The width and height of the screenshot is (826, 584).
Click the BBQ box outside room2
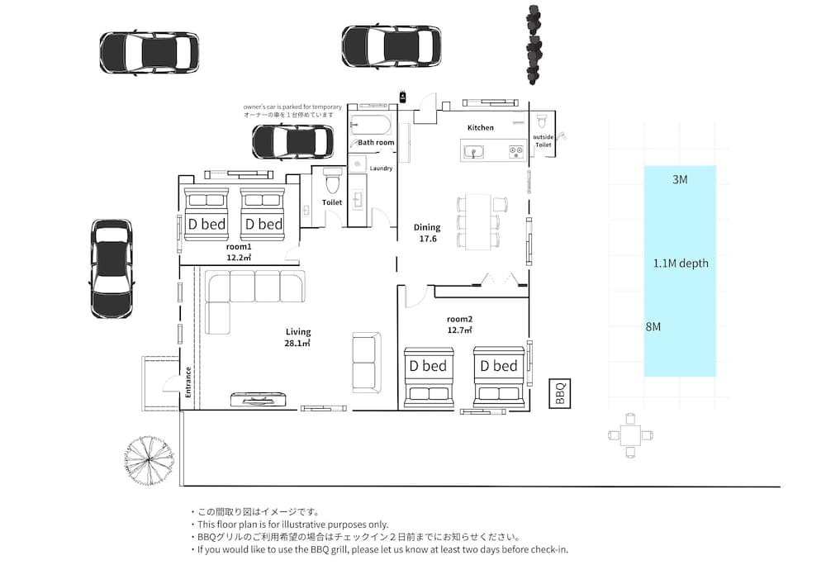tap(560, 393)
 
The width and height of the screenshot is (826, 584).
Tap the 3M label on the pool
tap(679, 180)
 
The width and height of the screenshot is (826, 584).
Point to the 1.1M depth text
tap(681, 264)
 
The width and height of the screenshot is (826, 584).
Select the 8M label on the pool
tap(653, 327)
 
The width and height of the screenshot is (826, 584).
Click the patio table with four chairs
tap(630, 434)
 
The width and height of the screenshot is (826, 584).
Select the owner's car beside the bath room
tap(292, 141)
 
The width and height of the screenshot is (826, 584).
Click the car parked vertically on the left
tap(112, 268)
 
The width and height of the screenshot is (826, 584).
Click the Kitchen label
tap(480, 128)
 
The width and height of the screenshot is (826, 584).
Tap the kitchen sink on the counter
tap(474, 151)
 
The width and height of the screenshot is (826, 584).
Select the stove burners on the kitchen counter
tap(515, 151)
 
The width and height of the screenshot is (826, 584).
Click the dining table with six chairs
tap(478, 221)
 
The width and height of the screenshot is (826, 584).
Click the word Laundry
tap(381, 169)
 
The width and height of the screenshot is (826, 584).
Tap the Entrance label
tap(188, 383)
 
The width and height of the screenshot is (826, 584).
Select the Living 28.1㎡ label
tap(297, 337)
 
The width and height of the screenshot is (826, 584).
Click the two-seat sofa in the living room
tap(366, 362)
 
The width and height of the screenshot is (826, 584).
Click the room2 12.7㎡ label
tap(459, 325)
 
